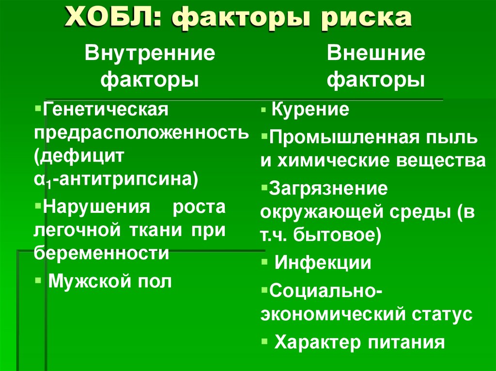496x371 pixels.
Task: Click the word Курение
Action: tap(310, 110)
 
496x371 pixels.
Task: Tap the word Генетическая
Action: tap(106, 109)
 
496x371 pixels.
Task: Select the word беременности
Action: tap(101, 253)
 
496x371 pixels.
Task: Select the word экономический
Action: tap(334, 314)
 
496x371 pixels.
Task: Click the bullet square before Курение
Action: tap(263, 111)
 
